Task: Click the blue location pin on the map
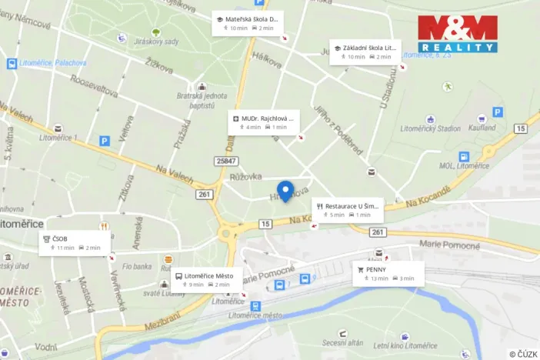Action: click(285, 190)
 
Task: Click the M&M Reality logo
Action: click(458, 34)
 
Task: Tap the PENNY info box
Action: click(388, 273)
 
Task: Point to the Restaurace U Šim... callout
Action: click(348, 210)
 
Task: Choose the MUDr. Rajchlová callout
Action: click(264, 122)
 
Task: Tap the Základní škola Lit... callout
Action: click(365, 52)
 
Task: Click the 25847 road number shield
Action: click(227, 160)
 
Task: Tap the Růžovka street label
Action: click(246, 177)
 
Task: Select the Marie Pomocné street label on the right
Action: click(450, 246)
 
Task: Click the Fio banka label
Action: click(136, 267)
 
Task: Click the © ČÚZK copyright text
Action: click(522, 353)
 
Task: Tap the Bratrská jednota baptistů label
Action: click(202, 101)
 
